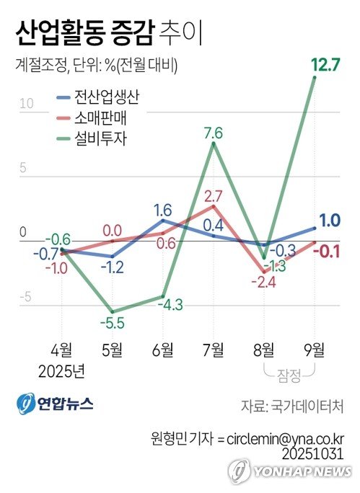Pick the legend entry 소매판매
[x=100, y=117]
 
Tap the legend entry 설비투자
[x=100, y=138]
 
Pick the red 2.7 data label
[x=213, y=196]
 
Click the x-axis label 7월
[x=213, y=350]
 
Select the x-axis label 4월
[x=61, y=350]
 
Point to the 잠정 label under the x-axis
[x=288, y=373]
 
